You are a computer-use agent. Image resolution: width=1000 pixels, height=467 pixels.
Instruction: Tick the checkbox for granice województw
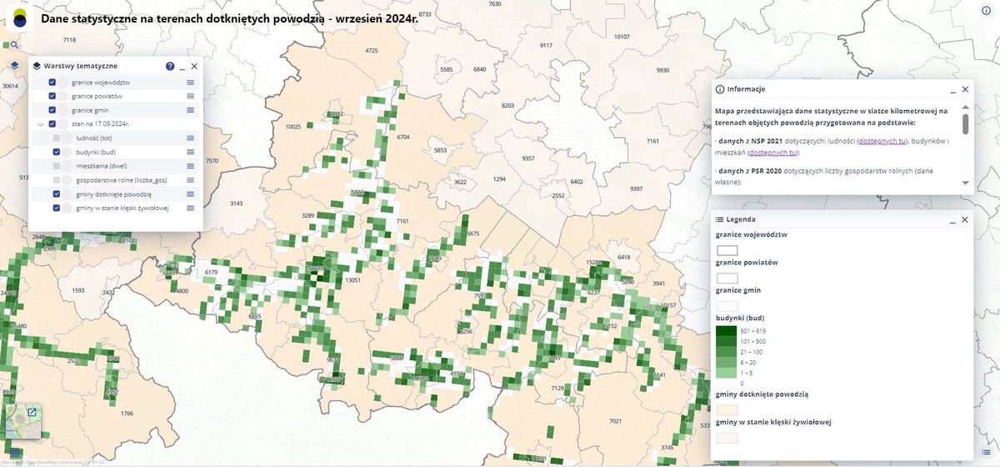pos(52,83)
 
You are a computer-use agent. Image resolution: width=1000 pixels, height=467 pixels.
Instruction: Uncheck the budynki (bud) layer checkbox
pos(57,152)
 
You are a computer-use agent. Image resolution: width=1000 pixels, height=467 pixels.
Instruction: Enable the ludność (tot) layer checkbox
pos(57,138)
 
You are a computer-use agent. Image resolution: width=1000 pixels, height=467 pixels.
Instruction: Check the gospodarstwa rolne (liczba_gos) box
pos(57,179)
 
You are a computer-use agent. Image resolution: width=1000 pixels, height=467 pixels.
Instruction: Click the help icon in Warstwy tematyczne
pos(170,66)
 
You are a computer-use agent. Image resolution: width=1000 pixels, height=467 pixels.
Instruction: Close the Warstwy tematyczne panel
pos(194,66)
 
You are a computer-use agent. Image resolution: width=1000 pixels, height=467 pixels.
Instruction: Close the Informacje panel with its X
pos(965,89)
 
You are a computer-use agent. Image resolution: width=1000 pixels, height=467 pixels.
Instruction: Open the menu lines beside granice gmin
pos(190,110)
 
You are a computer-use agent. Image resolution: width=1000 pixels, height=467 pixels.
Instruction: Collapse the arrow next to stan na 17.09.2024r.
pos(40,124)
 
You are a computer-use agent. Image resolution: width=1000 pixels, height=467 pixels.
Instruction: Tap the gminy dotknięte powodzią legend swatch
pos(727,410)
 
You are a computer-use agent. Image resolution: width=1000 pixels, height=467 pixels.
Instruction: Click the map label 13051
pos(352,280)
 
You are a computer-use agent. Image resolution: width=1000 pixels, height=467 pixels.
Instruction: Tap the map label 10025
pos(292,127)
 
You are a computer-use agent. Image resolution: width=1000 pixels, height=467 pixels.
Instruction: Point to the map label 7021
pos(616,421)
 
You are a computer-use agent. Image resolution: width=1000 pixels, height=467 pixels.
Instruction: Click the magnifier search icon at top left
pos(14,45)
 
